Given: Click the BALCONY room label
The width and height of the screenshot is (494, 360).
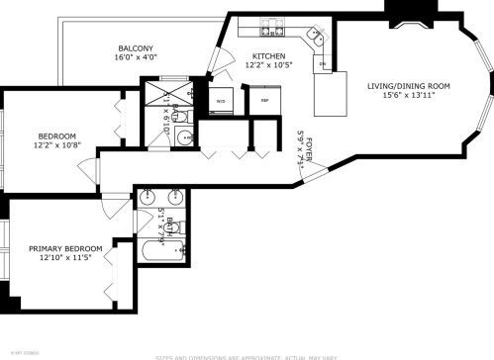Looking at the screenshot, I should pyautogui.click(x=135, y=47).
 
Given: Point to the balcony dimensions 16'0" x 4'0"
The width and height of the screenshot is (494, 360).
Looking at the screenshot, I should pyautogui.click(x=135, y=57).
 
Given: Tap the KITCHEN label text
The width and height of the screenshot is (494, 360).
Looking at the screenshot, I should pyautogui.click(x=268, y=55).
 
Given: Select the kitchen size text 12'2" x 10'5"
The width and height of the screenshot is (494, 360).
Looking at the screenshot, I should pyautogui.click(x=268, y=65).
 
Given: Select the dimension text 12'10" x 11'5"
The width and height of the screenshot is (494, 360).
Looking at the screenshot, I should pyautogui.click(x=60, y=259).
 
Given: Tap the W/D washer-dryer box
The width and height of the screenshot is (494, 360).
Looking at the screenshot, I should pyautogui.click(x=221, y=100).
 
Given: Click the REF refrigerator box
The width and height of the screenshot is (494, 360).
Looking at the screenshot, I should pyautogui.click(x=264, y=100).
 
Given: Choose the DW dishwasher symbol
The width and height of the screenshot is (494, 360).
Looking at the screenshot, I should pyautogui.click(x=323, y=65).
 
